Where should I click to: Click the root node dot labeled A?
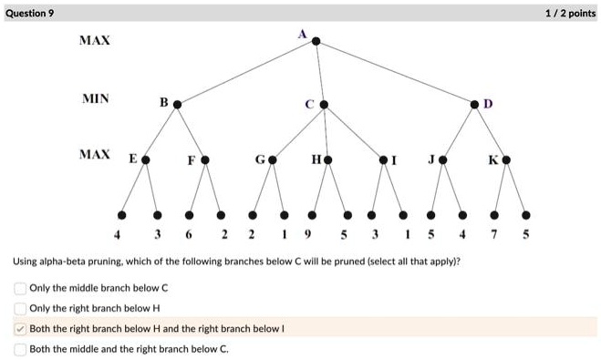point(316,41)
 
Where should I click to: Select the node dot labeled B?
point(177,105)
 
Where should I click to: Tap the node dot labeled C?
point(323,105)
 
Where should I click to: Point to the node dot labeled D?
point(474,105)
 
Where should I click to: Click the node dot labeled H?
point(328,160)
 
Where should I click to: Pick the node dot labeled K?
point(506,160)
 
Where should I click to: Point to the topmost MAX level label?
point(94,42)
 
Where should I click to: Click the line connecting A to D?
point(395,73)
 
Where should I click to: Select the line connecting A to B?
point(246,73)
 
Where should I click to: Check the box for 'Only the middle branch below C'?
point(20,288)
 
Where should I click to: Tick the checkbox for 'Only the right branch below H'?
point(20,308)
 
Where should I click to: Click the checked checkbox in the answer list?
point(20,328)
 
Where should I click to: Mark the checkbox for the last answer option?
point(20,348)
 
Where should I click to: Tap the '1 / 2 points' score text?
point(570,14)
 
